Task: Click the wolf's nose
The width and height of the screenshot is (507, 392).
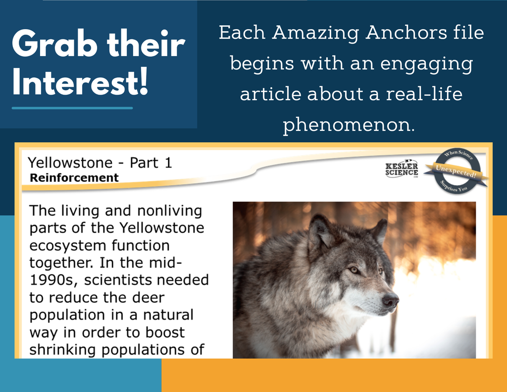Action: coord(390,300)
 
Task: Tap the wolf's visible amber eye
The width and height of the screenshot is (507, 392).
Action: coord(354,269)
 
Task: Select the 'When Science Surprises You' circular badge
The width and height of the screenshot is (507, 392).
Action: coord(456,171)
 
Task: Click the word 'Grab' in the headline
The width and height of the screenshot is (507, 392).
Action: coord(54,44)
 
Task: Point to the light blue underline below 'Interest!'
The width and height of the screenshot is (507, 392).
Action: coord(72,108)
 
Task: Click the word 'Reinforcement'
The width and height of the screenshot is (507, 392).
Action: coord(74,178)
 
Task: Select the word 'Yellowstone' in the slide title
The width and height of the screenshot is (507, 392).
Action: coord(70,163)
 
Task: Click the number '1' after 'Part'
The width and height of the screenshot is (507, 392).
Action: coord(168,163)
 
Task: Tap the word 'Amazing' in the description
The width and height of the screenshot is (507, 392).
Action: coord(315,34)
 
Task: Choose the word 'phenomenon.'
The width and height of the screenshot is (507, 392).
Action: coord(349,125)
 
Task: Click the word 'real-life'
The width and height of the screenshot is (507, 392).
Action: coord(424,94)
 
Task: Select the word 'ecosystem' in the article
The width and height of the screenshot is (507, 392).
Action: coord(67,246)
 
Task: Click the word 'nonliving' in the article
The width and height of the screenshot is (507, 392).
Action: coord(169,211)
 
